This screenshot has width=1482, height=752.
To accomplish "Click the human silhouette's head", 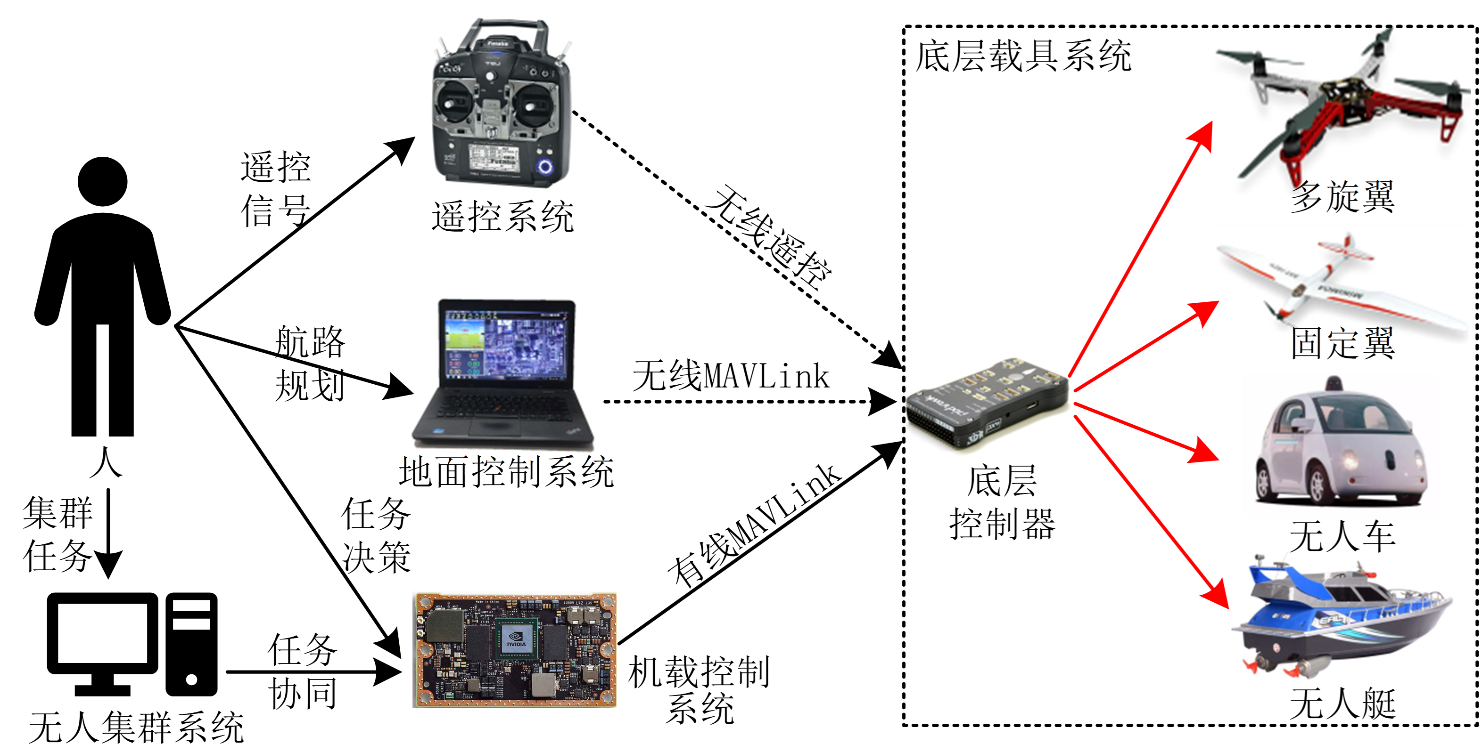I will point(102,181).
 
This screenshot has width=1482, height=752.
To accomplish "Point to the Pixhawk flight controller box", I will point(987,403).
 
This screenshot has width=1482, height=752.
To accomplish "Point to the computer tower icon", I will point(191,644).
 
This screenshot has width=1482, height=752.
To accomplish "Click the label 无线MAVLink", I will point(731,377).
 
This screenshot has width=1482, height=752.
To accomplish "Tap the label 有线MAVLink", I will point(754,526).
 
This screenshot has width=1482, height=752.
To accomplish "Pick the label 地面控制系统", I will point(506,473).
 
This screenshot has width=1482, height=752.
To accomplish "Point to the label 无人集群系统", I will point(136,727).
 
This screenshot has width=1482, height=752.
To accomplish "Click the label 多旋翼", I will point(1342,197).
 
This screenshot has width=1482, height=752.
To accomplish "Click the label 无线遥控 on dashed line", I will point(768,237).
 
